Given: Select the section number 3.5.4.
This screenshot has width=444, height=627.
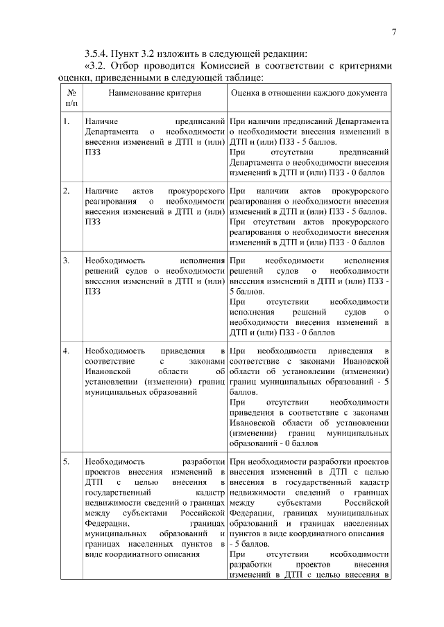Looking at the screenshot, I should point(97,54).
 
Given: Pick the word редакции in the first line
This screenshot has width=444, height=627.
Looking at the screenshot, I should point(282,54).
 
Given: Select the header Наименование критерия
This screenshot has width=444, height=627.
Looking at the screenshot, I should point(154,91).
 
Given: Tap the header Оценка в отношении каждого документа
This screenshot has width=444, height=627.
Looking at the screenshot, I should point(309,91).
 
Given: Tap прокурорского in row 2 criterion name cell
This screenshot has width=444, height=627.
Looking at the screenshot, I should point(196,190).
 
